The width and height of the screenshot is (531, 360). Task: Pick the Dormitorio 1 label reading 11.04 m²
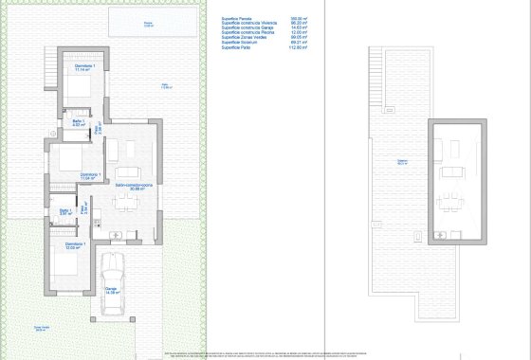pos(90,175)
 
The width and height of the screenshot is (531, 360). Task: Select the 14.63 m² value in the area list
pos(301,27)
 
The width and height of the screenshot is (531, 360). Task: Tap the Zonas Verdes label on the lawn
pos(42,329)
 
